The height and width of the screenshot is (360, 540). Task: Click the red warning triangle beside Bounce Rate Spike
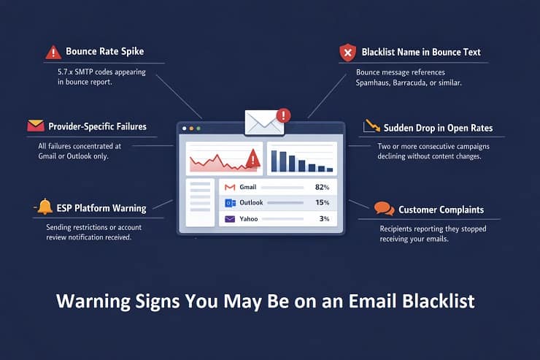click(53, 53)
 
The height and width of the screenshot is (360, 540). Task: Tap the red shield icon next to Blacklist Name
click(347, 53)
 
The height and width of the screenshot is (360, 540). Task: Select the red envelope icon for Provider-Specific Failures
click(36, 126)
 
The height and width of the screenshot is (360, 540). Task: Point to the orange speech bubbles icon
click(384, 210)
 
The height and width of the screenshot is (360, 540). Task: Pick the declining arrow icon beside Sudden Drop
click(371, 127)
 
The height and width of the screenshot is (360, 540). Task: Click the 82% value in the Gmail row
click(322, 188)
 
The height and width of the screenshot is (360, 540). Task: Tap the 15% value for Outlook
click(322, 203)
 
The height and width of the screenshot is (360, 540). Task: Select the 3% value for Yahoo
click(324, 218)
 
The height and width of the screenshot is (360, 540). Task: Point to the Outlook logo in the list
click(230, 203)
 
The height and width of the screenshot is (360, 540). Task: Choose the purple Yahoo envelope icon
click(230, 218)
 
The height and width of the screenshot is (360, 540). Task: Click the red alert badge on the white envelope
click(284, 115)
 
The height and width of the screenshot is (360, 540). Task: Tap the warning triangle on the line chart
click(253, 158)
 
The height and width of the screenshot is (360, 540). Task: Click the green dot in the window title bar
click(198, 129)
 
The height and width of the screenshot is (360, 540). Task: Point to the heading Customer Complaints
click(441, 210)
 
